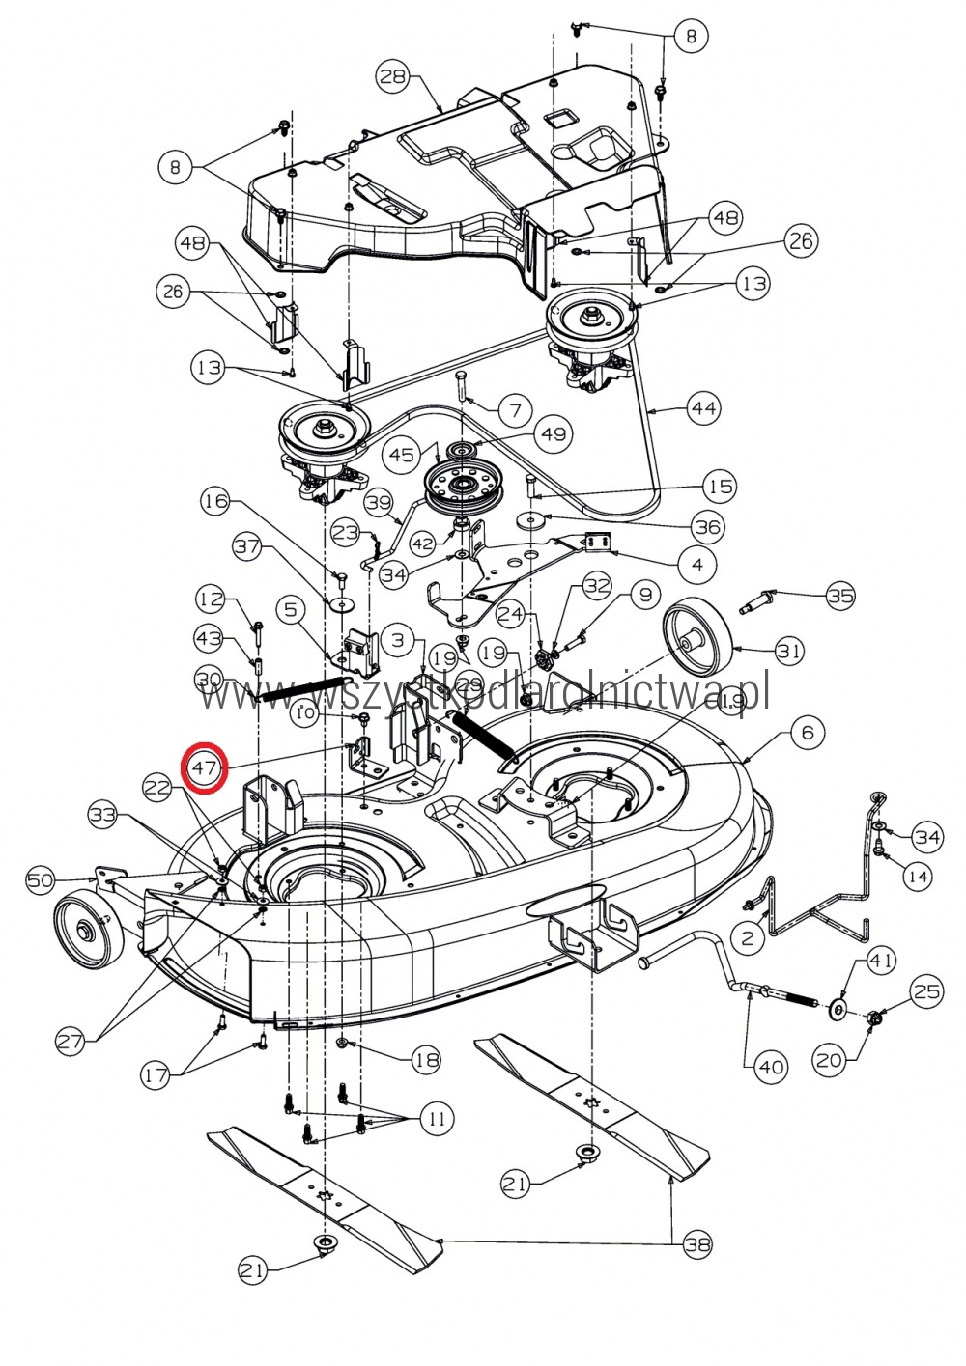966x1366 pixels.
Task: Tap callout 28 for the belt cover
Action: pos(393,77)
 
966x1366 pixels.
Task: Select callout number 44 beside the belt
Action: pos(704,408)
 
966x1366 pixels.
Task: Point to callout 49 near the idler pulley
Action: pos(554,434)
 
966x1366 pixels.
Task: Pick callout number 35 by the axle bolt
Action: pos(840,596)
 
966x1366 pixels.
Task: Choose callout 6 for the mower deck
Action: pos(808,733)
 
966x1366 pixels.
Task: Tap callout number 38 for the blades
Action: pos(696,1244)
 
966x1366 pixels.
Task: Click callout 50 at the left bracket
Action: pos(41,879)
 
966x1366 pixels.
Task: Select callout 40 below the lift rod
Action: pos(771,1067)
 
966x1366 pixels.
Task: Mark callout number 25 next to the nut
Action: pos(926,991)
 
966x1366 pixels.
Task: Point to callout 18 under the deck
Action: pos(426,1060)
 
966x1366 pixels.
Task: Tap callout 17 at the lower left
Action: pos(156,1074)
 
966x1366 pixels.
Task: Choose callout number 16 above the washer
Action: pos(215,500)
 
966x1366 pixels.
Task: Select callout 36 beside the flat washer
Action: pos(708,526)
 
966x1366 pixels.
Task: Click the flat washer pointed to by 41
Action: pos(837,1010)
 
